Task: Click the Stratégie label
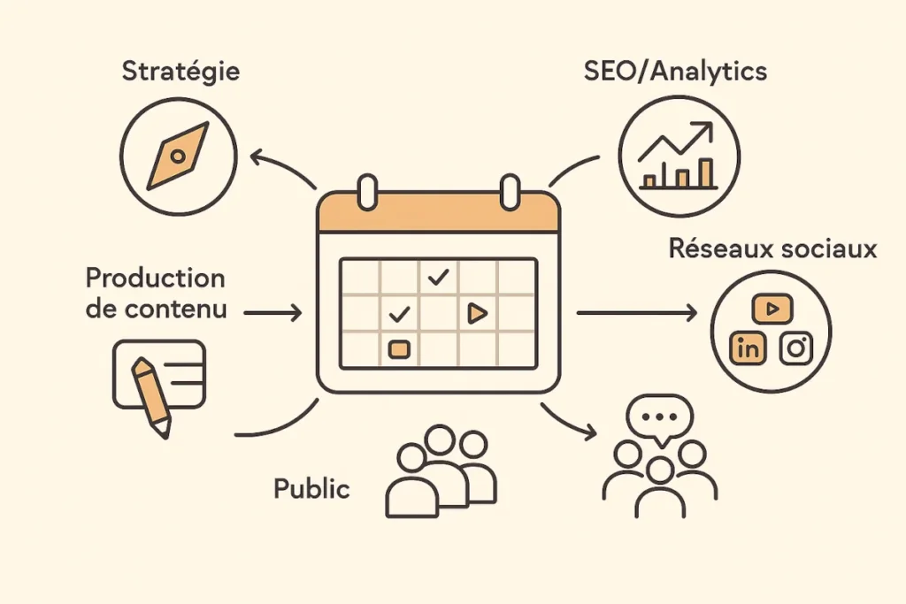[180, 71]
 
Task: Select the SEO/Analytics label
[675, 71]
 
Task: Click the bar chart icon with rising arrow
[678, 157]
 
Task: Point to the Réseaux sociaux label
[772, 248]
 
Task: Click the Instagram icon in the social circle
[796, 348]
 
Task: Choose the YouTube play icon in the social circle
[772, 309]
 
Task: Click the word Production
[155, 278]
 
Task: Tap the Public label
[311, 488]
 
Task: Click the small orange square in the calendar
[399, 349]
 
